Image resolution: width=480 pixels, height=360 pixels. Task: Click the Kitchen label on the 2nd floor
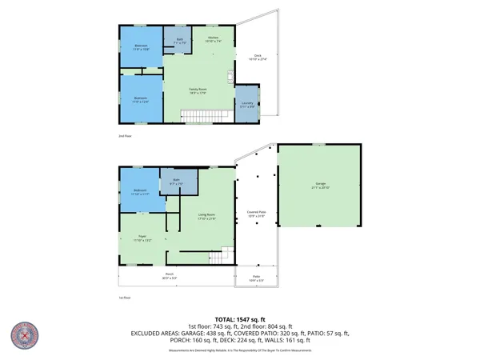point(214,38)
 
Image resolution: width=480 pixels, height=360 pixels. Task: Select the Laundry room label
point(247,106)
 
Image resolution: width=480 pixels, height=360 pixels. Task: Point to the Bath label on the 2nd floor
point(180,40)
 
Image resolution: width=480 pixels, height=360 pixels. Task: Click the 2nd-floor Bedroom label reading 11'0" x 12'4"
point(141,98)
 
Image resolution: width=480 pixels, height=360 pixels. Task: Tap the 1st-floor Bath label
point(179,182)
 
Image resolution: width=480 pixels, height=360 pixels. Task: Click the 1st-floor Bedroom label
point(140,191)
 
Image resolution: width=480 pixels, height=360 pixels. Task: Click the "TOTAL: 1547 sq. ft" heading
point(240,318)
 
